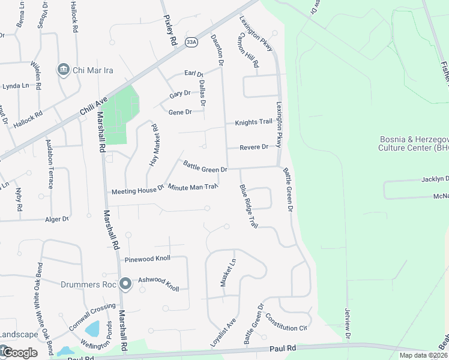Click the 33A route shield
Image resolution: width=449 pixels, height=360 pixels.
tap(191, 42)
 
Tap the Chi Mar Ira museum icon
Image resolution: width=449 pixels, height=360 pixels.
tap(63, 70)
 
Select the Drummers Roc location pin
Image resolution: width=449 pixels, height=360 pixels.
tap(125, 283)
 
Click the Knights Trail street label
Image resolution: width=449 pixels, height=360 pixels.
tap(253, 122)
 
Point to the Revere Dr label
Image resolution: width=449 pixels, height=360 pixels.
tap(254, 148)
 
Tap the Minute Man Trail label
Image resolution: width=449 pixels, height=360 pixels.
tap(192, 187)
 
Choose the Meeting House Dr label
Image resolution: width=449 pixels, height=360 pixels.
tap(137, 191)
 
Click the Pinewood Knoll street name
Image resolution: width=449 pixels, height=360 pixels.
tap(148, 259)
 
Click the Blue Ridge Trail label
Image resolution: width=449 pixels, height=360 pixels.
tap(249, 206)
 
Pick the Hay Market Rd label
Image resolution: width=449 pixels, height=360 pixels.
tap(154, 145)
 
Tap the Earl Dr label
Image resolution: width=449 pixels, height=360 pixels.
tap(194, 74)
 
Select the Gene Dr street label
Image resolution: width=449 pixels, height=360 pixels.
tap(180, 112)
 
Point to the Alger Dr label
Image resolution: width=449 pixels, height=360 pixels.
tap(57, 220)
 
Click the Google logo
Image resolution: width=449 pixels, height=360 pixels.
tap(19, 353)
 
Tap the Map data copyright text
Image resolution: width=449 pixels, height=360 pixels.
tap(423, 355)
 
